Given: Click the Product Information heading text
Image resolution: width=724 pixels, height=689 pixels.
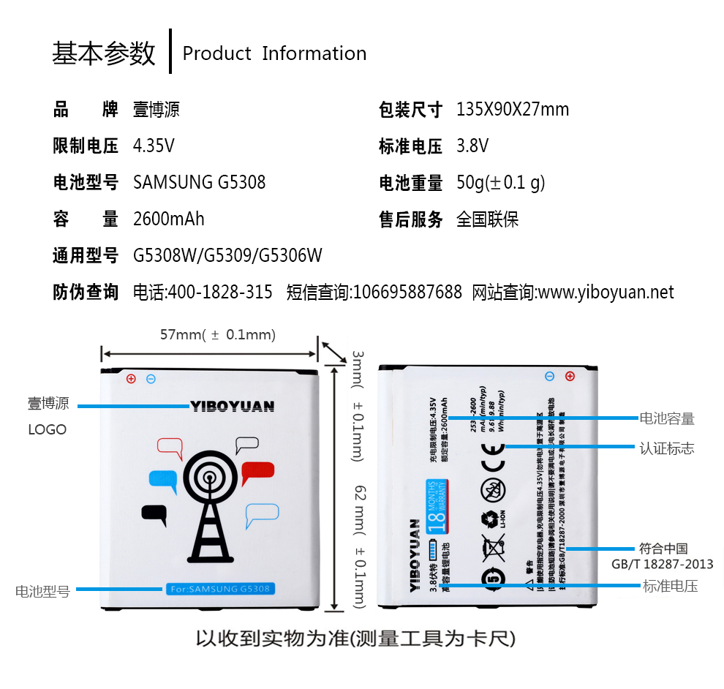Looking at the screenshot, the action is coord(274,53).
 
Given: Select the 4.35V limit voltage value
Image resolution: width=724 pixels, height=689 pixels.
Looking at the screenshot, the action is coord(154,146).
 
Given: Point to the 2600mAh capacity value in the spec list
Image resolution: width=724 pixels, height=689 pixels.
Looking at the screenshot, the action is coord(169,219).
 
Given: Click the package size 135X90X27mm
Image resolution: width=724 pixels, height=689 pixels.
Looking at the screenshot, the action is coord(512,110).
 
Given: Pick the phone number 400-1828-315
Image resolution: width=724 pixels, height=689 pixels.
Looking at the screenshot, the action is coord(220,293).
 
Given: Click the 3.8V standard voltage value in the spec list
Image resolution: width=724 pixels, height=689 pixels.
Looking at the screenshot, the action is coord(472,146).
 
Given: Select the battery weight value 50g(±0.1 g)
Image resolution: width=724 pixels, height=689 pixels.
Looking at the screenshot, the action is coord(501,182).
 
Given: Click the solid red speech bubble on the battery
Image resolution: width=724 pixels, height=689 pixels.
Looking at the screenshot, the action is coord(257,473).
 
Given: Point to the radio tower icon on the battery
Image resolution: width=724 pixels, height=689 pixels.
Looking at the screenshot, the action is coord(208,505).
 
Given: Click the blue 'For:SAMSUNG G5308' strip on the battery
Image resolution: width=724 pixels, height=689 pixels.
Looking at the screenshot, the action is coord(219,589).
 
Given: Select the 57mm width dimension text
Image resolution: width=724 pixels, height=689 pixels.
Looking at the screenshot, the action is coord(217,335).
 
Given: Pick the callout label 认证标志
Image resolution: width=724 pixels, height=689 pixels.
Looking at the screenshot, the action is coord(666,448).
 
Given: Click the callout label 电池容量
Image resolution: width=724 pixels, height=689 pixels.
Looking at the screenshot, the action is coord(666,418).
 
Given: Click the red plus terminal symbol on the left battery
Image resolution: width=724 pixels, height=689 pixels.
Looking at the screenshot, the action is coord(132,379).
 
